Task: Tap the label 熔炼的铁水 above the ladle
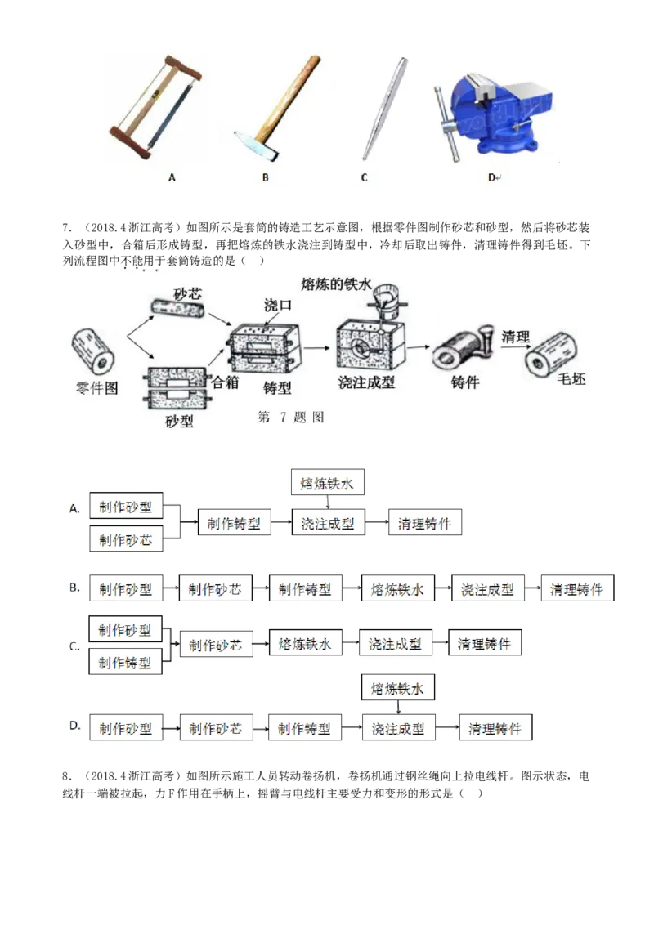336,284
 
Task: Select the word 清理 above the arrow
516,337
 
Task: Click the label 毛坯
571,379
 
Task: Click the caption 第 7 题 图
291,418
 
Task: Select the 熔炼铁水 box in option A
327,484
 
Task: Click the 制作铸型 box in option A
235,524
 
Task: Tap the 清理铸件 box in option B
577,589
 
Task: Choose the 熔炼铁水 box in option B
397,589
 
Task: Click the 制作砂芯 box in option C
216,645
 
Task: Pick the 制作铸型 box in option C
125,663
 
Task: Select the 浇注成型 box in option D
397,728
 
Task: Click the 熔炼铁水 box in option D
397,689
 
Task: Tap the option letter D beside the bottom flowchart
74,726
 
